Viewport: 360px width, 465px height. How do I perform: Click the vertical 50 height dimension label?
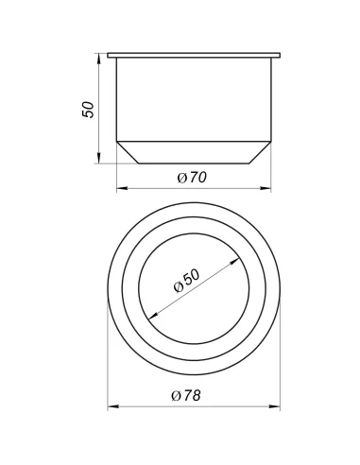tap(88, 110)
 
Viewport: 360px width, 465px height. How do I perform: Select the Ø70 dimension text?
tap(192, 178)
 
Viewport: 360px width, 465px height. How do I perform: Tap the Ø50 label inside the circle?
tap(186, 281)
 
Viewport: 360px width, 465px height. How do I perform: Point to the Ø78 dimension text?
tap(186, 395)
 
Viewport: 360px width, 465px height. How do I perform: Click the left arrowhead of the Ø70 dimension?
tap(122, 188)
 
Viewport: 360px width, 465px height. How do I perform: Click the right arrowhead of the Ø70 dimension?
tap(266, 188)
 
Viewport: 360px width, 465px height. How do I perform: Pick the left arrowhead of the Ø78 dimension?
tap(113, 406)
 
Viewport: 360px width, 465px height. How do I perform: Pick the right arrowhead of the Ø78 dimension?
tap(274, 406)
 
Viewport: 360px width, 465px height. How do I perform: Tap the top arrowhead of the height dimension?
tap(99, 59)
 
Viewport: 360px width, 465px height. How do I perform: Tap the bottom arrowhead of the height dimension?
tap(99, 158)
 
